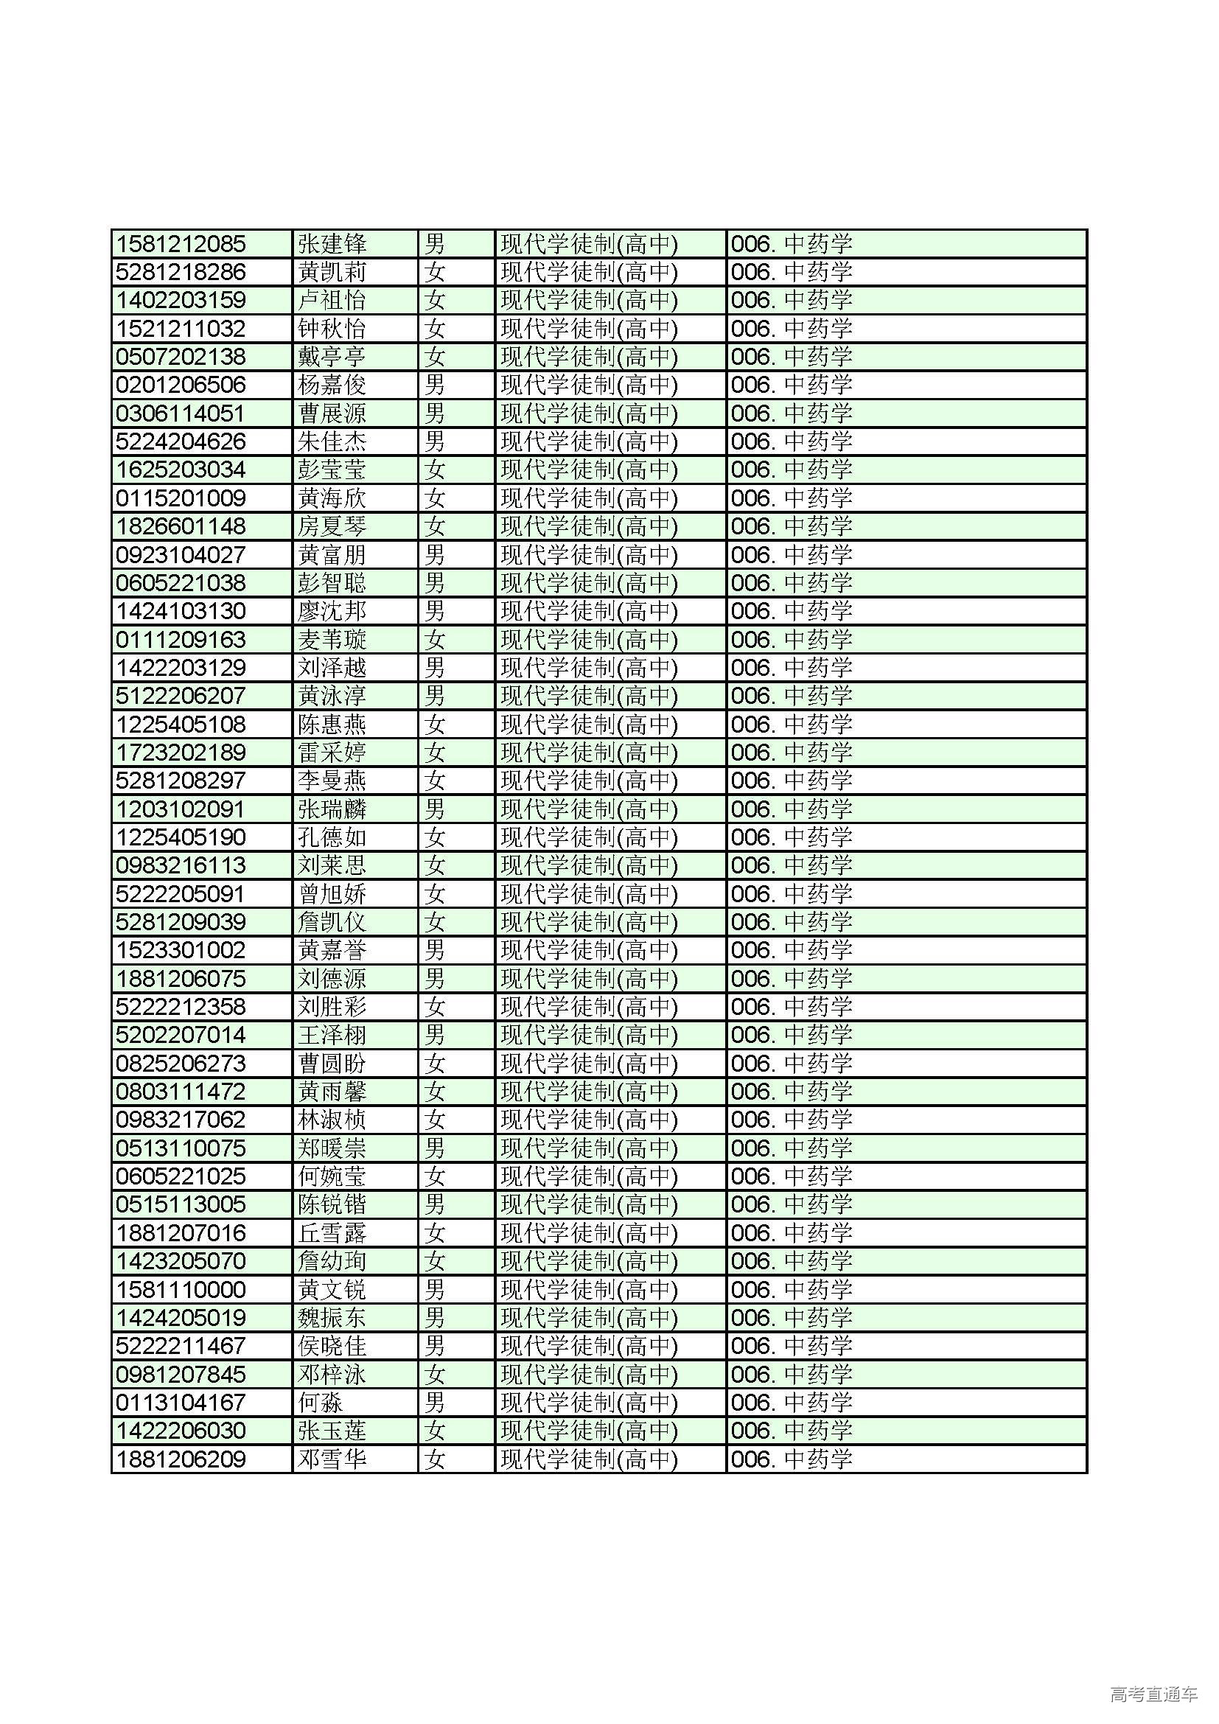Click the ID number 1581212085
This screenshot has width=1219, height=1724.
point(181,244)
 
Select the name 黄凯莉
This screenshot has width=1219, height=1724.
point(332,272)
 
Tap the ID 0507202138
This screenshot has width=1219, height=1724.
point(181,357)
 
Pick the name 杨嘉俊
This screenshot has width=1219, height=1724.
point(332,385)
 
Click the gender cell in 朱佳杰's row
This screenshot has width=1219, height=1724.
point(435,442)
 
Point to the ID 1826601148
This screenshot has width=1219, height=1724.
point(181,526)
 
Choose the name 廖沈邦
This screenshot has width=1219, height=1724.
point(332,611)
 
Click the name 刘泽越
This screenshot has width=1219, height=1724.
point(332,668)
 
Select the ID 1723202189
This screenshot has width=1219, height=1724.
point(181,753)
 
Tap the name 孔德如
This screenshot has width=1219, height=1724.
point(332,837)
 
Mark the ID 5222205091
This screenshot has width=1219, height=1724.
point(181,893)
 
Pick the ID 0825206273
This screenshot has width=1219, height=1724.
point(181,1064)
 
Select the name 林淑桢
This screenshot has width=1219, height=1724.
point(332,1120)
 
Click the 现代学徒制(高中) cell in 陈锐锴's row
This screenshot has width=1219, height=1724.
point(590,1204)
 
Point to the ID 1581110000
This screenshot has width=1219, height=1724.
point(181,1289)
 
